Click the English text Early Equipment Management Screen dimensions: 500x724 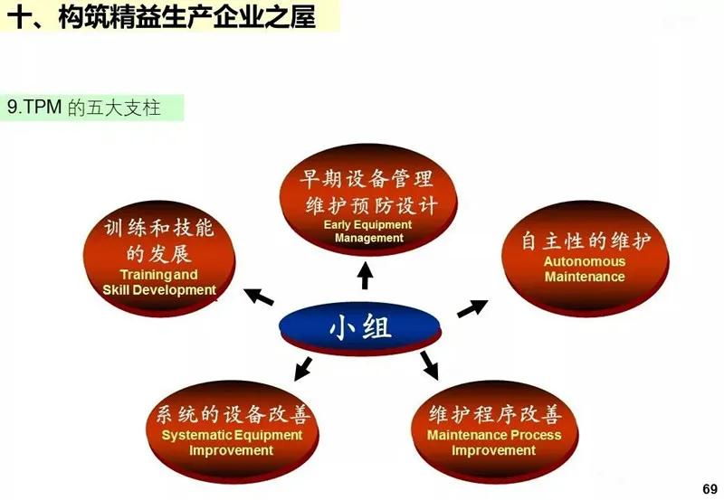(x=368, y=231)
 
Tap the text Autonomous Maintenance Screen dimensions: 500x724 (x=584, y=269)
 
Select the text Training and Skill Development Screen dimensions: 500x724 (x=159, y=282)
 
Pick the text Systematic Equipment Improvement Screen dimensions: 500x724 (x=232, y=443)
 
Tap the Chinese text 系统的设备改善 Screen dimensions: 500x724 (x=233, y=415)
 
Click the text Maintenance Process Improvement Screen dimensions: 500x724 (x=493, y=443)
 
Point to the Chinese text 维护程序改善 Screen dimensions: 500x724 (x=494, y=415)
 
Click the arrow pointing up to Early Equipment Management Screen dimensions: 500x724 (x=365, y=274)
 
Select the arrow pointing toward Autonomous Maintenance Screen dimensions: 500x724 (x=472, y=307)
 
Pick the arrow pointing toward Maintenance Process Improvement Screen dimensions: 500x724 (x=429, y=365)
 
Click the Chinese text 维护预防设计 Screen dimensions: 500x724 (x=371, y=205)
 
